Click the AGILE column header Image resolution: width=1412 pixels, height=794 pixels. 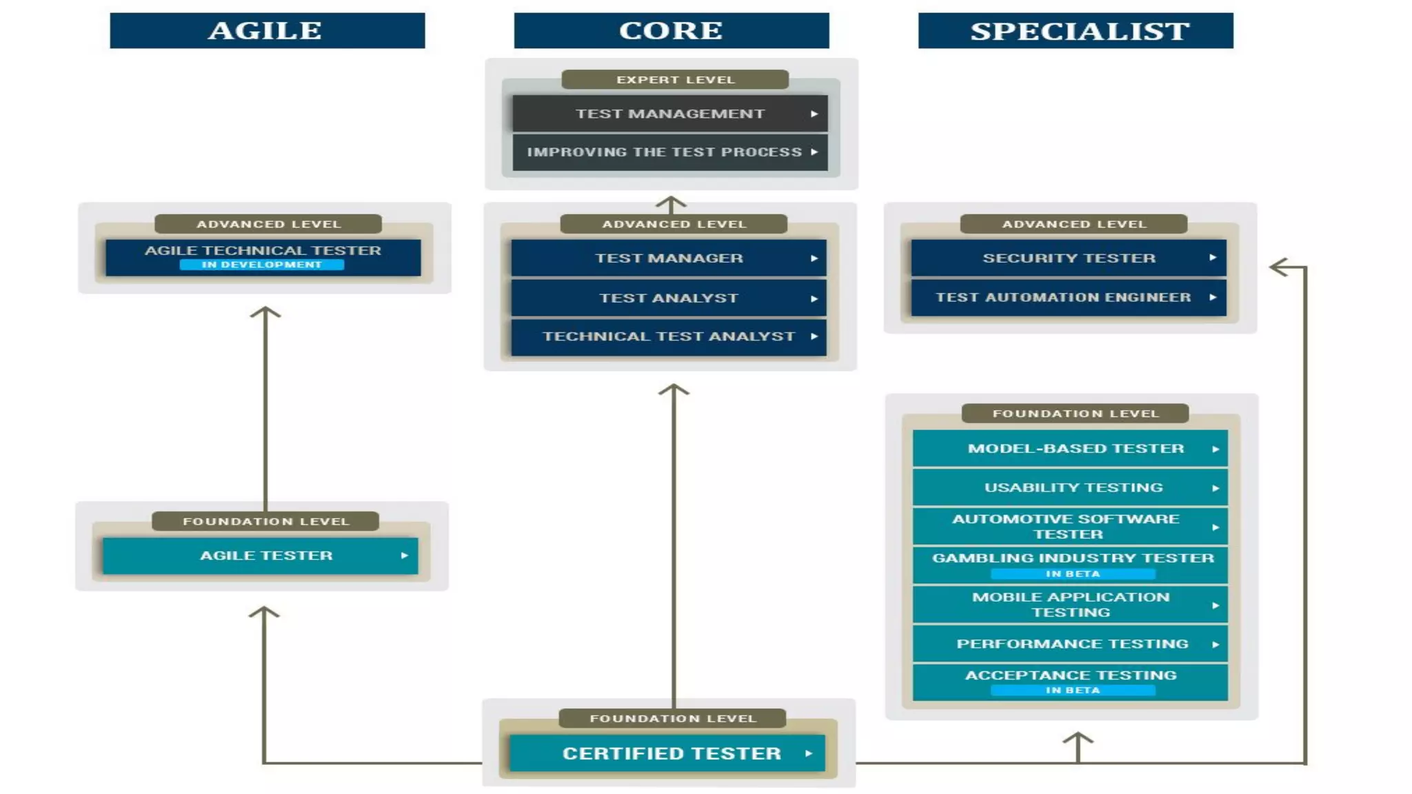267,30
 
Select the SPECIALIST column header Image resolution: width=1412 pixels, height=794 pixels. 1075,30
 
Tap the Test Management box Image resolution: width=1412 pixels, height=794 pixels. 669,114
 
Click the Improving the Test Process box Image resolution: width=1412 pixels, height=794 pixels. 669,152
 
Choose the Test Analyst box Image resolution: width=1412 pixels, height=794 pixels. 668,298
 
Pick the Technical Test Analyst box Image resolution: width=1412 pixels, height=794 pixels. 668,336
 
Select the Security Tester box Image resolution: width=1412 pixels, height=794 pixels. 1068,258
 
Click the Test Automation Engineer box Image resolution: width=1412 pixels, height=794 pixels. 1068,297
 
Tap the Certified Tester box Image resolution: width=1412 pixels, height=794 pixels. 667,753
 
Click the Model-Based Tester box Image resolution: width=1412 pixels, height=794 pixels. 1070,449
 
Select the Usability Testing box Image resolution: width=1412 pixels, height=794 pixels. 1070,487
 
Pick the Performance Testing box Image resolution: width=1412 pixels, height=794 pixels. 1070,644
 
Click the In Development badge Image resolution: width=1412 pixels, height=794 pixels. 261,265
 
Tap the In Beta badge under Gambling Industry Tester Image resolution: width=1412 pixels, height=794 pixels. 1072,573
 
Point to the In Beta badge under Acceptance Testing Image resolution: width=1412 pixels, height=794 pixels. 1072,690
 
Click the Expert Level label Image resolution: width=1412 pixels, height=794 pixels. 675,80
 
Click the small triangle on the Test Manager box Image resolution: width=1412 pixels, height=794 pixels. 814,258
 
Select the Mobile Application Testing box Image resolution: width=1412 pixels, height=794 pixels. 1070,604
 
